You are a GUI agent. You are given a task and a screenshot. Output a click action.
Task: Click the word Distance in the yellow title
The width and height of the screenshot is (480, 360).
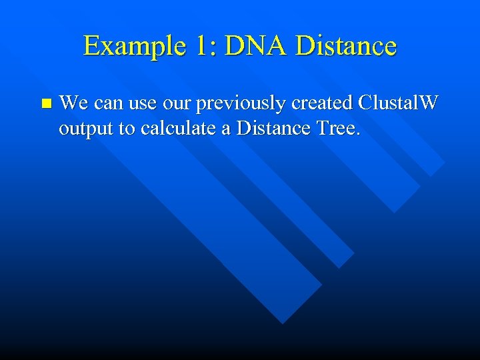345,46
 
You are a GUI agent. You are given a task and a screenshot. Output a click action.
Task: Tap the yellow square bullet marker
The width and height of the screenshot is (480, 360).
45,104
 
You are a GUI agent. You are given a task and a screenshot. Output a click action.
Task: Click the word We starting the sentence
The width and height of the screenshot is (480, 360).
74,103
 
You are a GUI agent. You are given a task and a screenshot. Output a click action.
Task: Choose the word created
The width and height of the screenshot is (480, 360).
320,103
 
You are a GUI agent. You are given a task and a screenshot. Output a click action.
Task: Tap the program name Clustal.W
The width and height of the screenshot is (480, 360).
398,103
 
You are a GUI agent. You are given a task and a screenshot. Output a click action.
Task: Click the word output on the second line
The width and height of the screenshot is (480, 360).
86,129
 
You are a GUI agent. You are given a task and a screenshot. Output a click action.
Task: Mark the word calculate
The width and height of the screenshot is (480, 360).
178,128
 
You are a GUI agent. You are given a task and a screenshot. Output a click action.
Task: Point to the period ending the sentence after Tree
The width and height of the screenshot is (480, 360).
358,133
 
